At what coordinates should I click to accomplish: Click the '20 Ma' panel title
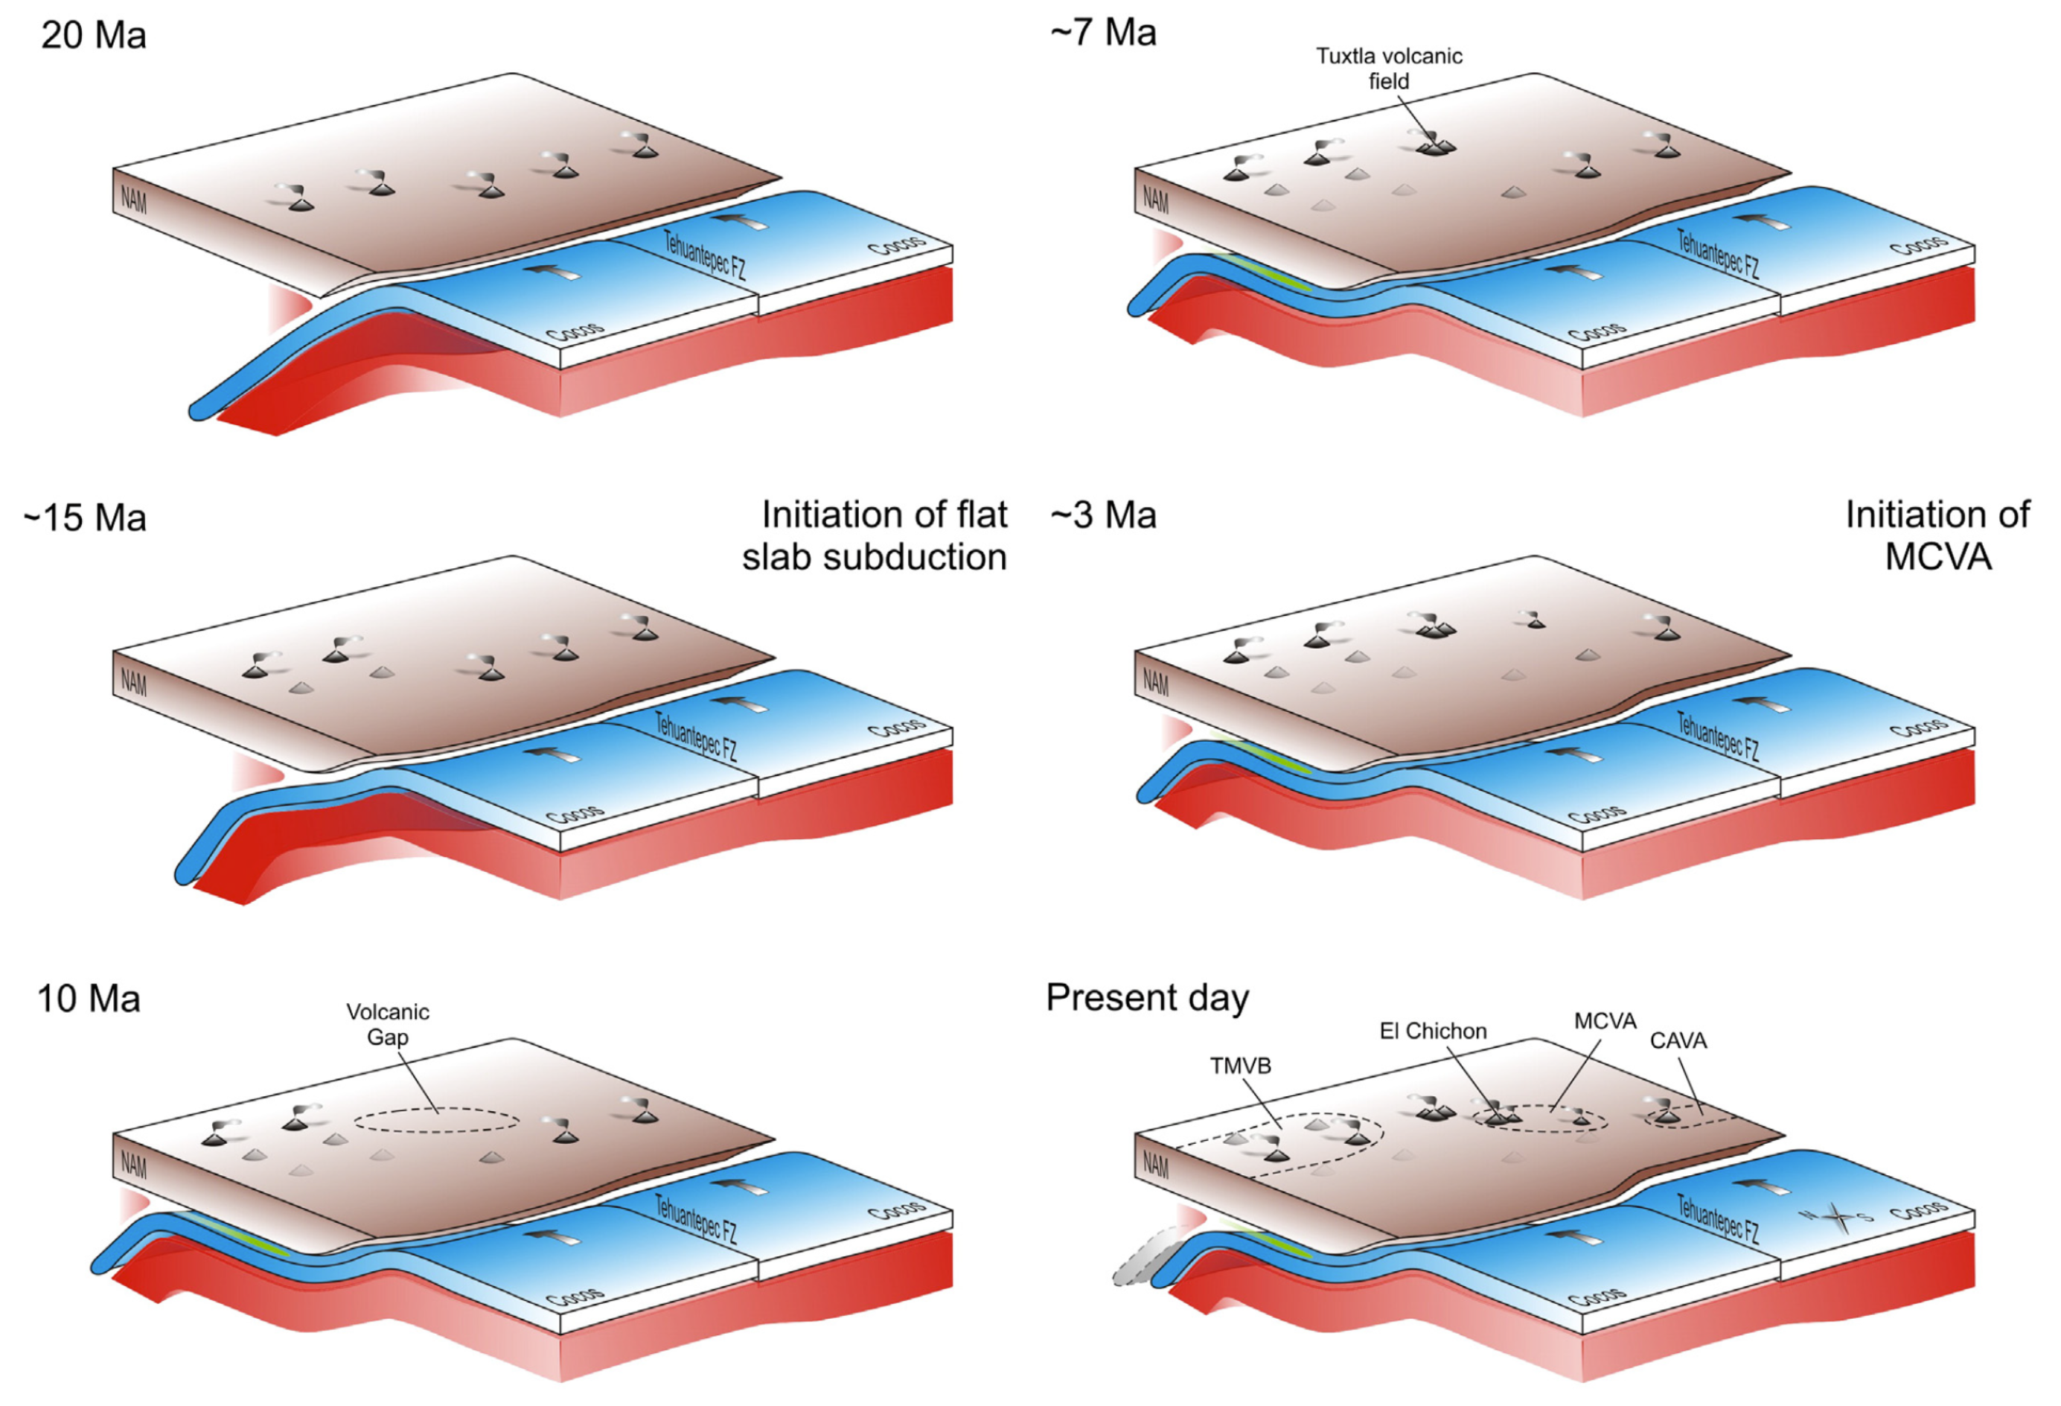(93, 36)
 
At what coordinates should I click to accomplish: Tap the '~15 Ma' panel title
(85, 518)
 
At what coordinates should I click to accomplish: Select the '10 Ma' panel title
(89, 999)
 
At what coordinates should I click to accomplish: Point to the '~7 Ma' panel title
(1103, 33)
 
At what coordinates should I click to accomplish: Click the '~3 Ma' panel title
(1103, 515)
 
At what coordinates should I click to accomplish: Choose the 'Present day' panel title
(1147, 997)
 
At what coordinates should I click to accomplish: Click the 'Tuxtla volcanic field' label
(1389, 69)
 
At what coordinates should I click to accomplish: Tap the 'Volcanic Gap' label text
(388, 1024)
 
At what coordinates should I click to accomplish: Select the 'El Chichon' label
(1433, 1031)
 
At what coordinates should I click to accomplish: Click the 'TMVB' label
(1241, 1066)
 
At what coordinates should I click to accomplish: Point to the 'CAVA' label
(1678, 1040)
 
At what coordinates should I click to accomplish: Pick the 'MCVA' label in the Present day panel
(1605, 1021)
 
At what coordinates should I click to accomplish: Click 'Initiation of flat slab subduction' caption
(875, 535)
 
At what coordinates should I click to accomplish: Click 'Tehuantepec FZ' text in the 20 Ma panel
(705, 255)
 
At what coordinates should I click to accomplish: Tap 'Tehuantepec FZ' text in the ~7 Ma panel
(1719, 254)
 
